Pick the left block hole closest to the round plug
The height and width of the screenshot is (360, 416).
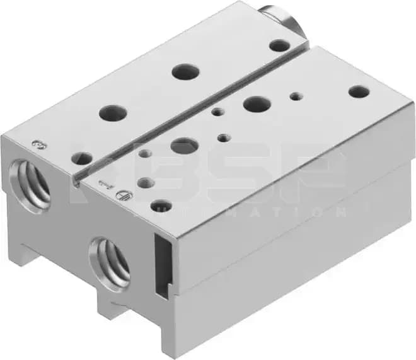coord(278,45)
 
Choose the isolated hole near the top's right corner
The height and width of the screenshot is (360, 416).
coord(359,91)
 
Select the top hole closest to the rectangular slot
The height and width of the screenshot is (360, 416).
coord(161,206)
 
